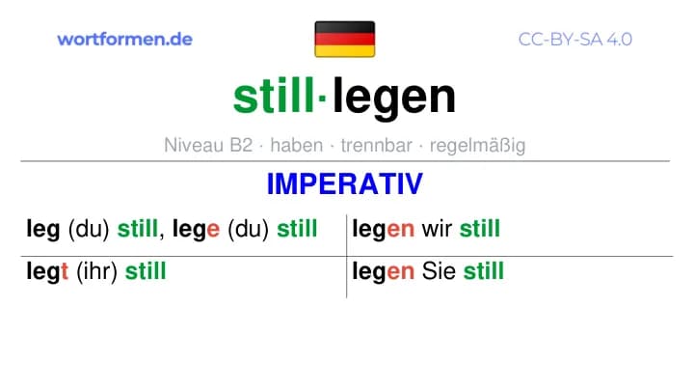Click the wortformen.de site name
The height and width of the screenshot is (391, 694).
coord(124,39)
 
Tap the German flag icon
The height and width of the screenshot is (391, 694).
coord(345,39)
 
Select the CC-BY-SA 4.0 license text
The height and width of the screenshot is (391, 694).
coord(574,40)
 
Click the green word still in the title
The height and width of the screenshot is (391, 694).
coord(274,96)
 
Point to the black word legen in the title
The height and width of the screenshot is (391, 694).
coord(394,98)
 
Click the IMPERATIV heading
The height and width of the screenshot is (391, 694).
coord(345,184)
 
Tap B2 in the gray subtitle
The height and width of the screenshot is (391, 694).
coord(241,145)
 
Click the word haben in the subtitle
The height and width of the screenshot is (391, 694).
coord(297,145)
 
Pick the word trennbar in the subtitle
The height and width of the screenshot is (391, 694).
coord(376,145)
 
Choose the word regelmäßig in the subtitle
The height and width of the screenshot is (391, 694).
coord(477,146)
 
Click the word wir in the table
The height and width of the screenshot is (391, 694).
coord(437,229)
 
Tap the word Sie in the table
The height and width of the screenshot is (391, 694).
coord(439,271)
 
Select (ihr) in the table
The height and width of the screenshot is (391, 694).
coord(96,271)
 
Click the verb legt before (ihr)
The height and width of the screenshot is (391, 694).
coord(47,271)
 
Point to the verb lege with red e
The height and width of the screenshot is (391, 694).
coord(196,230)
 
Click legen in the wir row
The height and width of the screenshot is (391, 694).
coord(384,230)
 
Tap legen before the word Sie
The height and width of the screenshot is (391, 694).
coord(384,271)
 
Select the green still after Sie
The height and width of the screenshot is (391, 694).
coord(483,271)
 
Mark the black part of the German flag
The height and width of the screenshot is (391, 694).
coord(345,27)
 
